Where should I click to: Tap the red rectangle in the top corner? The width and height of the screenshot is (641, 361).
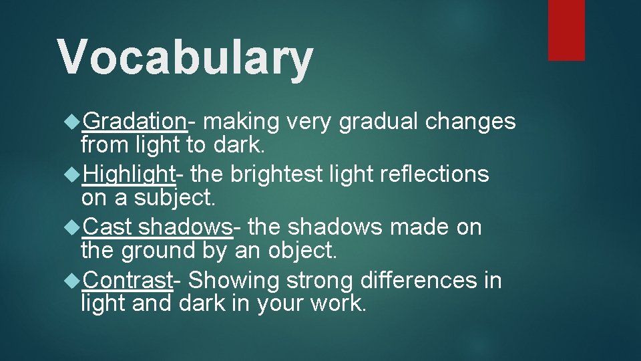pyautogui.click(x=566, y=30)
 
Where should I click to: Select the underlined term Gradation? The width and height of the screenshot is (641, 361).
pyautogui.click(x=135, y=121)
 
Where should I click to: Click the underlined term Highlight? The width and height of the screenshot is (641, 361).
pyautogui.click(x=129, y=174)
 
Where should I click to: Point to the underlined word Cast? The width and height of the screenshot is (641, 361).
pyautogui.click(x=108, y=227)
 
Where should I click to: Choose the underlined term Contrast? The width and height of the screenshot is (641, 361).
pyautogui.click(x=128, y=280)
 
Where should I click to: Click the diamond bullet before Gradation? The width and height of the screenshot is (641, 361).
pyautogui.click(x=73, y=122)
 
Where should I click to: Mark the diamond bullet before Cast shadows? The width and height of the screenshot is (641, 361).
pyautogui.click(x=73, y=228)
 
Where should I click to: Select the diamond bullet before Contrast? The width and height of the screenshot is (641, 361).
pyautogui.click(x=73, y=281)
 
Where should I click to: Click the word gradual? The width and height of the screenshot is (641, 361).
pyautogui.click(x=379, y=122)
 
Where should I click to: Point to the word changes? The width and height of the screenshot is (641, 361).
pyautogui.click(x=471, y=122)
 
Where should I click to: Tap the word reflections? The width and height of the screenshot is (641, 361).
pyautogui.click(x=435, y=174)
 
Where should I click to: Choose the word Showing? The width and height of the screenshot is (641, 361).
pyautogui.click(x=228, y=281)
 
